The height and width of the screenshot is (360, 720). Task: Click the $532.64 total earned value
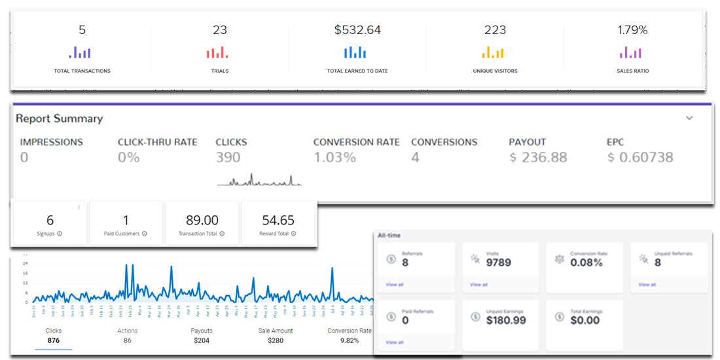click(357, 30)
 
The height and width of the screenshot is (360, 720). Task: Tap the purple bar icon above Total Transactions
click(82, 52)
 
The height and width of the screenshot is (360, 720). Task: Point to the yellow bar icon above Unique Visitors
click(495, 52)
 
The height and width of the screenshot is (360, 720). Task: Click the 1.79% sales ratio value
click(632, 30)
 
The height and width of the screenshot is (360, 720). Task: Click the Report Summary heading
click(59, 118)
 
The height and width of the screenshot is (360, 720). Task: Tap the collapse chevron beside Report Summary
click(689, 118)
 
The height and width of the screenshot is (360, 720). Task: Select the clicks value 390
click(228, 158)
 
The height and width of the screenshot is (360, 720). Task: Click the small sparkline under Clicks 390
click(259, 181)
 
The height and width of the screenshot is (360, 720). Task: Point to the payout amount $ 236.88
click(538, 158)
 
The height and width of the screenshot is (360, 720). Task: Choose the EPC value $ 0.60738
click(639, 158)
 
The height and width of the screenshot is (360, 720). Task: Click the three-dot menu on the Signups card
click(79, 207)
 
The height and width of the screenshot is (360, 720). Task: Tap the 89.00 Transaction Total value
click(202, 221)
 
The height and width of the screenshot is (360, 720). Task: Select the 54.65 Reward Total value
click(278, 221)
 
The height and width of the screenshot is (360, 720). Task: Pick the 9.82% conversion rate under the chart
click(349, 340)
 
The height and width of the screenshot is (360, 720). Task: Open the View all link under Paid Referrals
click(395, 342)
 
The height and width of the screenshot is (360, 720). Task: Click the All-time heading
click(389, 235)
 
